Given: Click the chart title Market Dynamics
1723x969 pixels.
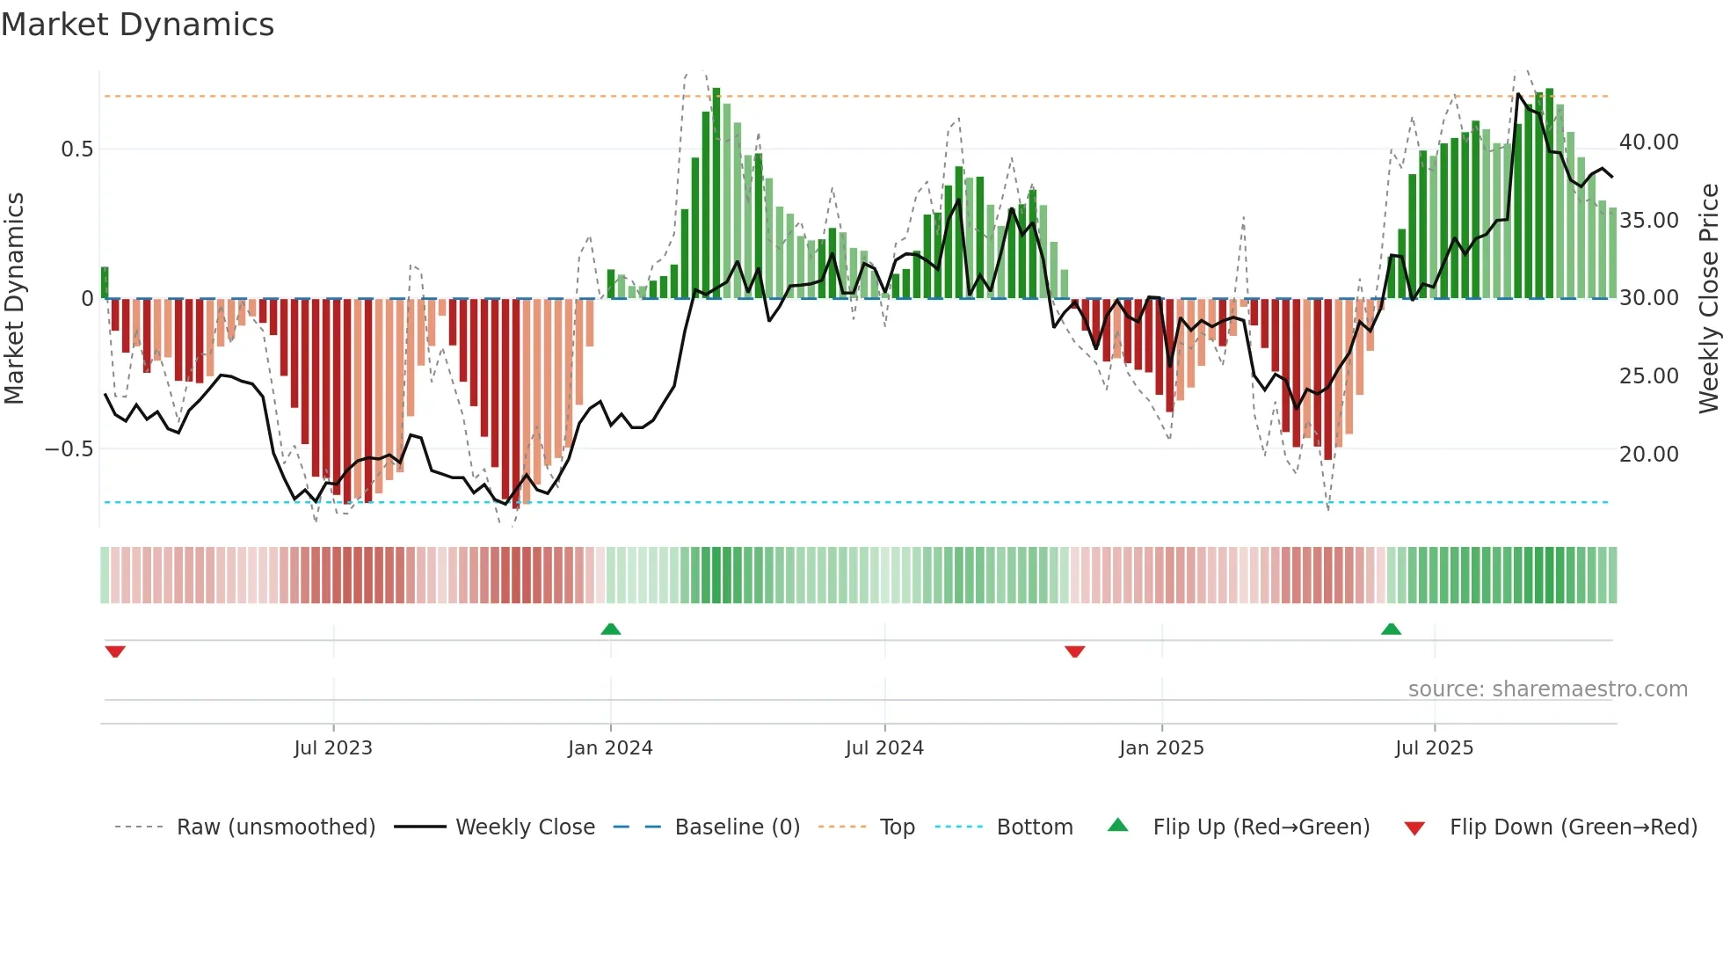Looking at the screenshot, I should (x=137, y=25).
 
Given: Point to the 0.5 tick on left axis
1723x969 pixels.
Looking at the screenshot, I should (x=76, y=149).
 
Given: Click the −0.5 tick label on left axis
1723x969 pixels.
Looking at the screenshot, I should (x=69, y=449).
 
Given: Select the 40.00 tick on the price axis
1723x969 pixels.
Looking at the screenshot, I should (x=1648, y=142).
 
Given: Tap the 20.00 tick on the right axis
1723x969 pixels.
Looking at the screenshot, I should (x=1648, y=455).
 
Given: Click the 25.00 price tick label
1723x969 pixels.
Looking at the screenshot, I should (x=1648, y=376).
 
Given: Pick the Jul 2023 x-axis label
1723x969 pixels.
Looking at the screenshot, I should (x=333, y=748).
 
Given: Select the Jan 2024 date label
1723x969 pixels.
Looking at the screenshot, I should (x=610, y=748).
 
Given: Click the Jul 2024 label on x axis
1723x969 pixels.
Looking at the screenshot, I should (x=884, y=748).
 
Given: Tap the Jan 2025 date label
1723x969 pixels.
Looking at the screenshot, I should (x=1161, y=748).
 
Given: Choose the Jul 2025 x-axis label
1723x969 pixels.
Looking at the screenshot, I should (x=1434, y=748).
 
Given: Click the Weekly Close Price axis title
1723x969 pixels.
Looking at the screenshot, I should (x=1708, y=298).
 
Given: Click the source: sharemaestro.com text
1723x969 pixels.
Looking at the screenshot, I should (x=1547, y=689).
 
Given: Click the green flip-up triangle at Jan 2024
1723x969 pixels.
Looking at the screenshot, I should (x=611, y=630).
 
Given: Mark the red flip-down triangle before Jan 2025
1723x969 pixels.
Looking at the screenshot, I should (x=1074, y=652).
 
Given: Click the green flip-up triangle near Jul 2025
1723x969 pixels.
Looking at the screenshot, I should (x=1391, y=630).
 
